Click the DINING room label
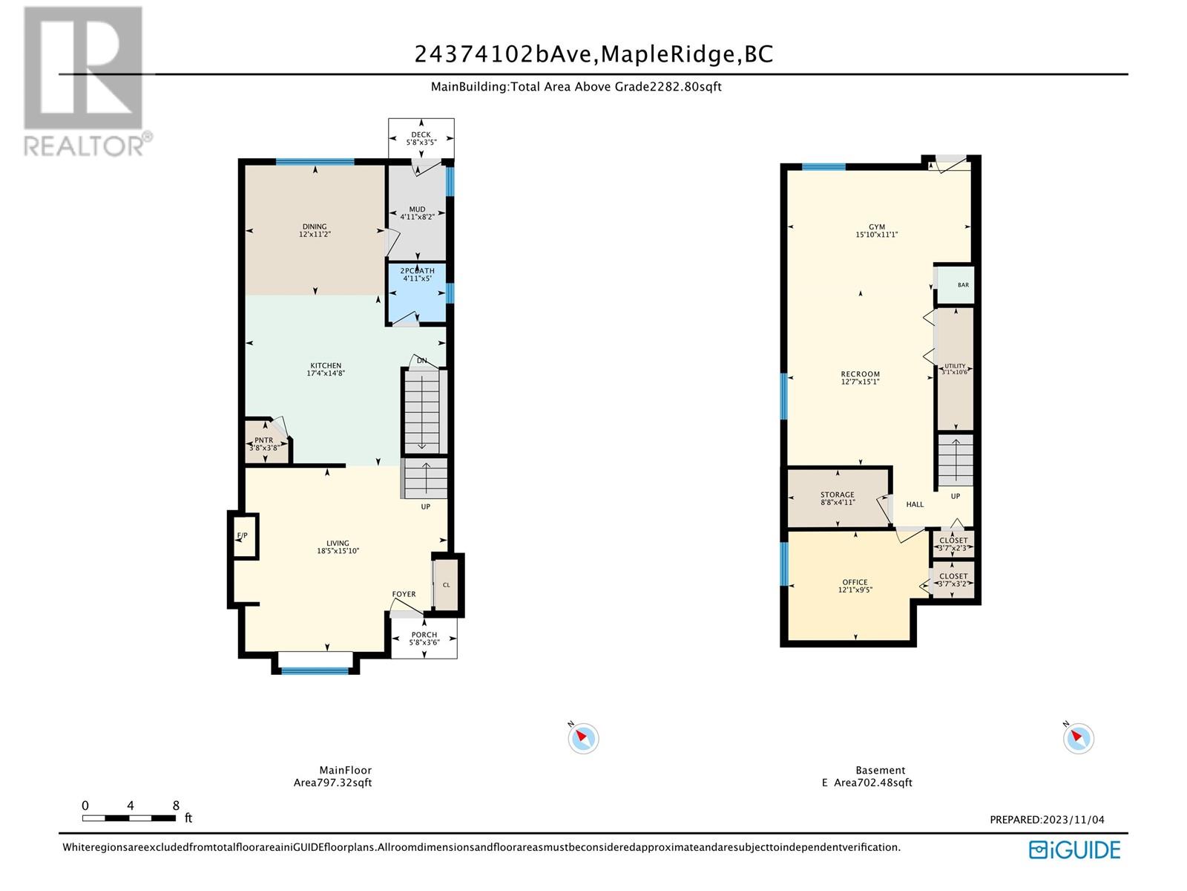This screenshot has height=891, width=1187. pyautogui.click(x=315, y=226)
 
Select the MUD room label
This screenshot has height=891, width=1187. pyautogui.click(x=417, y=209)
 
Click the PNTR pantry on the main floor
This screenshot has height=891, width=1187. pyautogui.click(x=265, y=442)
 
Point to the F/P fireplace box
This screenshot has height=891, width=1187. pyautogui.click(x=244, y=535)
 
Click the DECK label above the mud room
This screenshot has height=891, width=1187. pyautogui.click(x=421, y=134)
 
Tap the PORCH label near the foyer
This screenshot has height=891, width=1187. pyautogui.click(x=424, y=635)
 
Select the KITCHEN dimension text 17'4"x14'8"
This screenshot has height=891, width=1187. pyautogui.click(x=326, y=373)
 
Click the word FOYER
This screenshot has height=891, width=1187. pyautogui.click(x=404, y=594)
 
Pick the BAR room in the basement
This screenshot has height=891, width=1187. pyautogui.click(x=956, y=284)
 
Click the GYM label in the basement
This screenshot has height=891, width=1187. pyautogui.click(x=877, y=227)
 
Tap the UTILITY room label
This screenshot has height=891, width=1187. pyautogui.click(x=955, y=366)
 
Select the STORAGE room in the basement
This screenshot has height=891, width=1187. pyautogui.click(x=838, y=497)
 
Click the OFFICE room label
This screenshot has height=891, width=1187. pyautogui.click(x=855, y=582)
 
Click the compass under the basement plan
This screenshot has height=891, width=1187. pyautogui.click(x=1078, y=739)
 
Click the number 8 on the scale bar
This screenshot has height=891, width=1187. pyautogui.click(x=176, y=806)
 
